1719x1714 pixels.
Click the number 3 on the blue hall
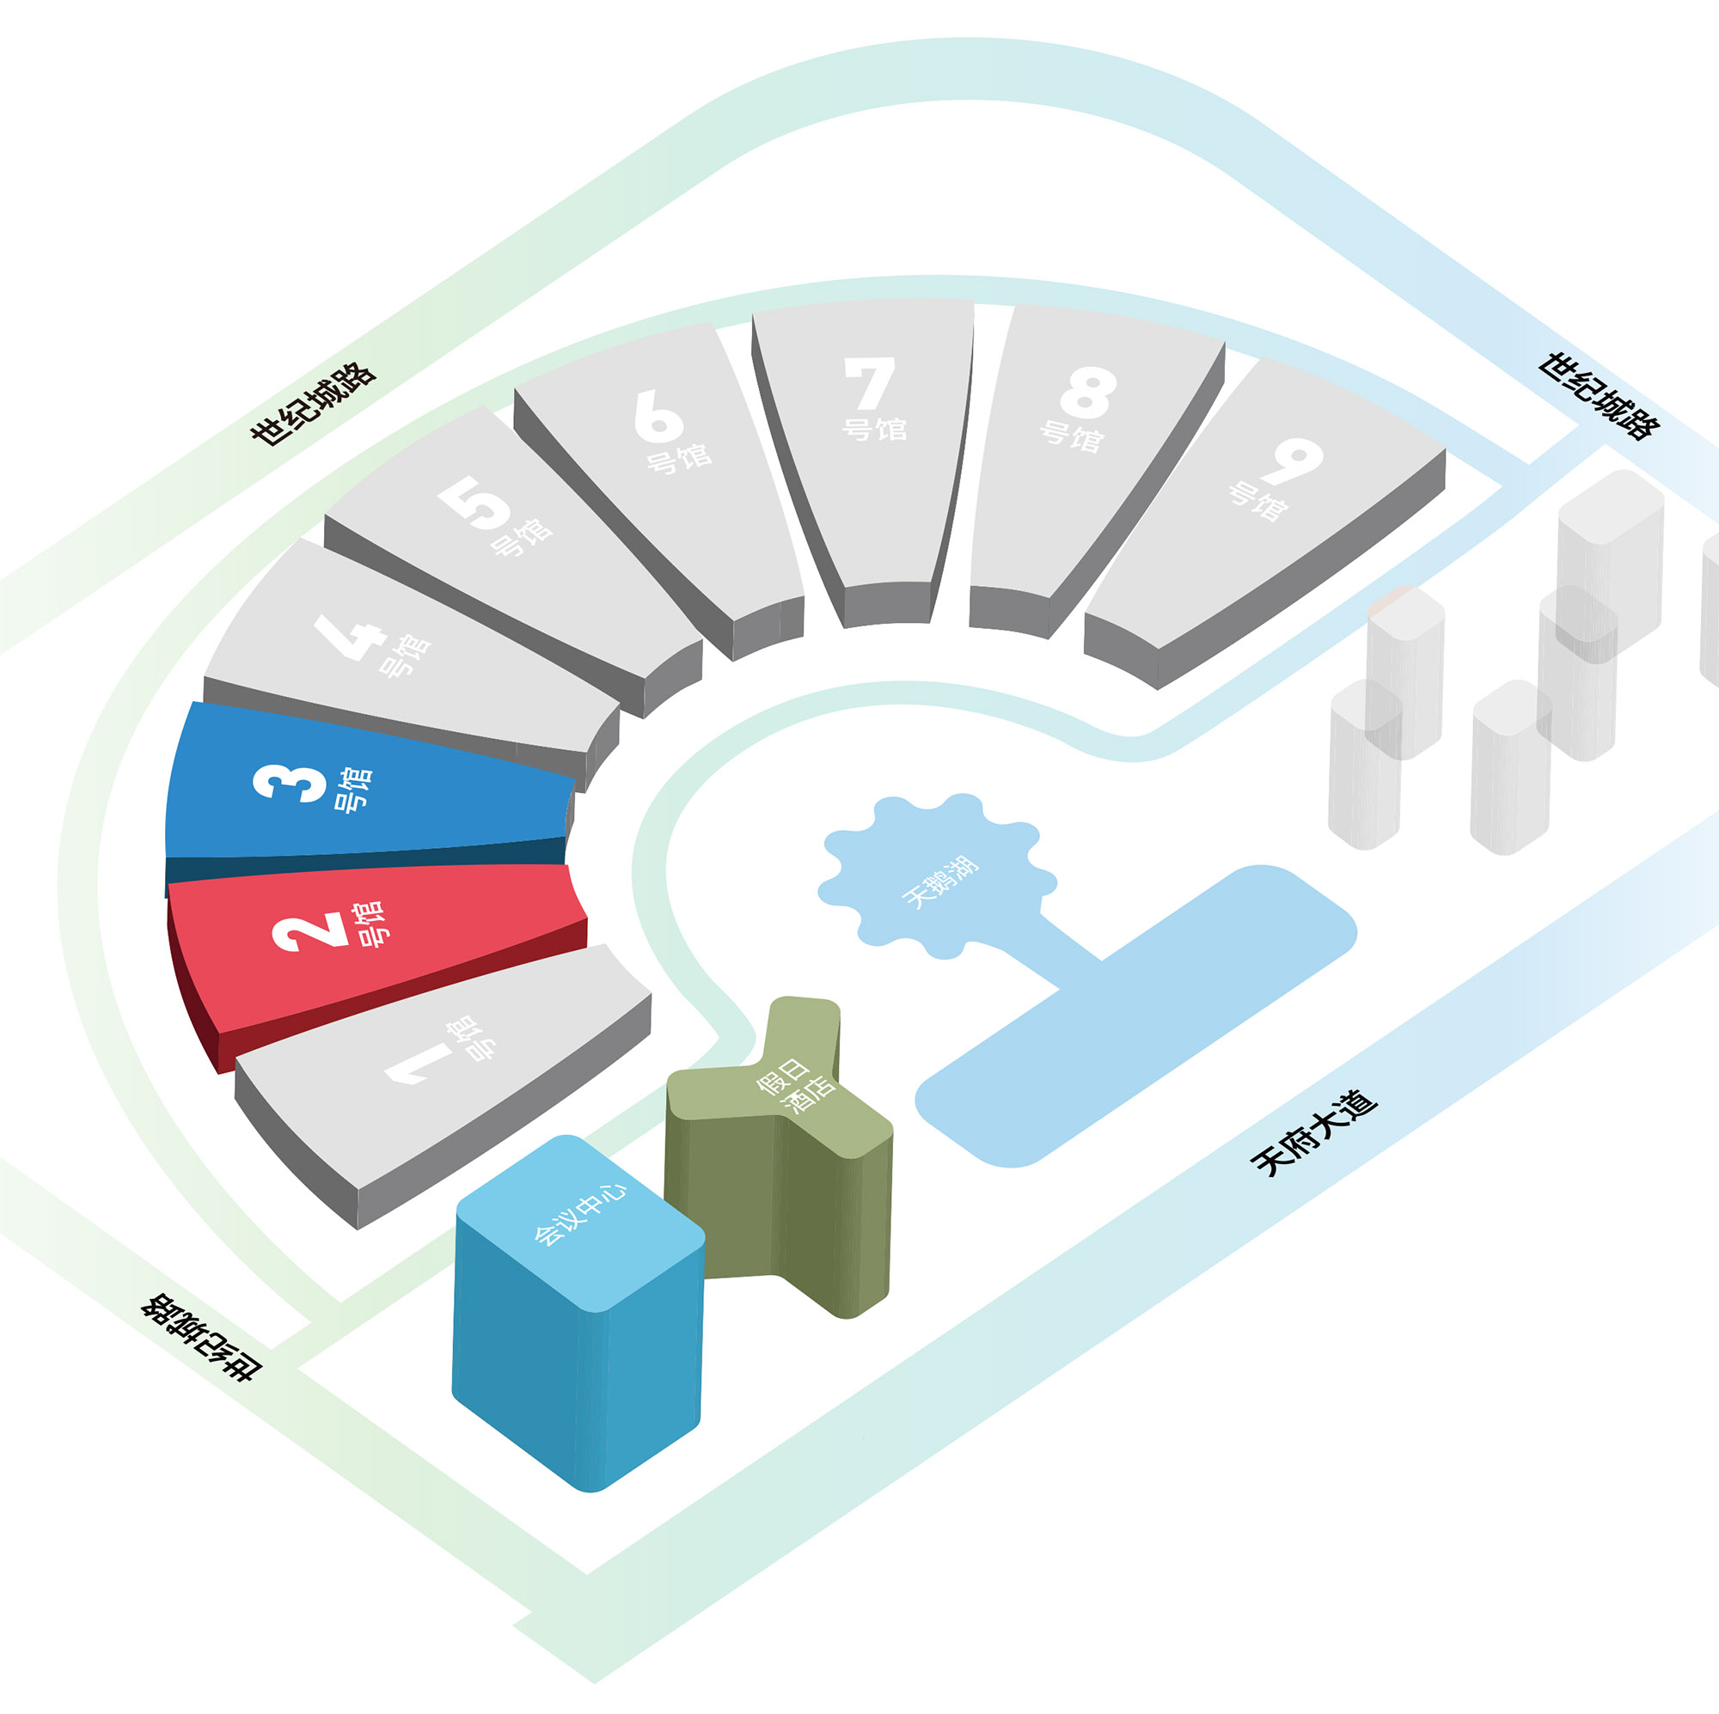(x=290, y=784)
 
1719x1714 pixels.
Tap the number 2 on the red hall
(x=309, y=931)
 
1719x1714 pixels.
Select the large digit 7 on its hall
(x=869, y=382)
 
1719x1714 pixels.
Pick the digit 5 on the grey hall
(x=474, y=502)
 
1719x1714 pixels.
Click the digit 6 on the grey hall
(x=658, y=415)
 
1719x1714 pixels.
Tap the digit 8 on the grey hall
(x=1088, y=393)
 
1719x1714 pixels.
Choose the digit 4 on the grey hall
(x=350, y=636)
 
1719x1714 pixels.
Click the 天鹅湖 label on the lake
(x=940, y=882)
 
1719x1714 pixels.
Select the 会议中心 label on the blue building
(x=580, y=1214)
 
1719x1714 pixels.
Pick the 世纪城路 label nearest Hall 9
(x=1599, y=395)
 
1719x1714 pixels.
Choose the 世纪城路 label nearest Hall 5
(x=312, y=404)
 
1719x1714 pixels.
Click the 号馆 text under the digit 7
(x=875, y=429)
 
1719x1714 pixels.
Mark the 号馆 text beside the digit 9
(x=1258, y=501)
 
